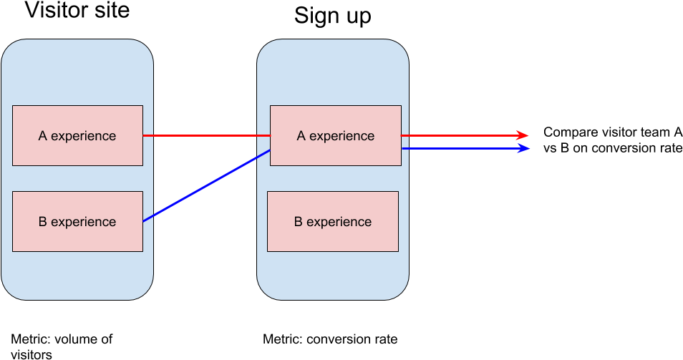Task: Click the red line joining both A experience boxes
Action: point(206,135)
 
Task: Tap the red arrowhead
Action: point(523,135)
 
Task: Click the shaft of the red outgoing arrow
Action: point(458,135)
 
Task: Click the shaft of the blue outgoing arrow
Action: point(458,148)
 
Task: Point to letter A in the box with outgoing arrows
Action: point(301,136)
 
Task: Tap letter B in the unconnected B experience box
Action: point(299,222)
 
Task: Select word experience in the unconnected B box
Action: point(339,222)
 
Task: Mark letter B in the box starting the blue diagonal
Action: point(42,222)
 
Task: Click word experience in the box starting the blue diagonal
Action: point(83,222)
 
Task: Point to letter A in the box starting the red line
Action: point(43,136)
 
